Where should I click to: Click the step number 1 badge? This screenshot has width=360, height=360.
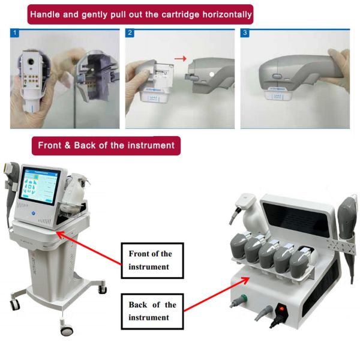pos(14,33)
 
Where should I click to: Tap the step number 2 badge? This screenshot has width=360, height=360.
pos(129,33)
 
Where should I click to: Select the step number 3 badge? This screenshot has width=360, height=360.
pos(244,33)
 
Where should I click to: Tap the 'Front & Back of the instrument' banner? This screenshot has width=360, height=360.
pos(106,145)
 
